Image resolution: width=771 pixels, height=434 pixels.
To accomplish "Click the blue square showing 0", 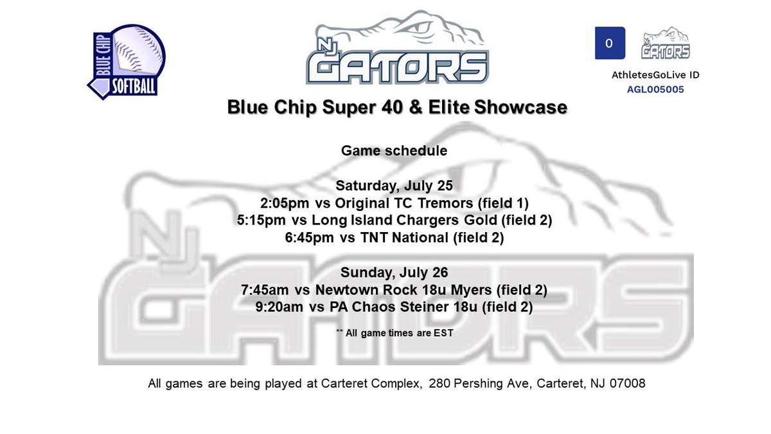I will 610,44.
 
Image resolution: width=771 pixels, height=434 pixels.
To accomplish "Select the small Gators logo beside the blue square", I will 666,44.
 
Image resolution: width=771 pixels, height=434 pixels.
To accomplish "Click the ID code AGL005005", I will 655,89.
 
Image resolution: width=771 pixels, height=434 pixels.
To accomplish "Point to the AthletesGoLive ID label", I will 655,75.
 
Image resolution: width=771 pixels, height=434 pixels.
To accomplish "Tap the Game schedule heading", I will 394,151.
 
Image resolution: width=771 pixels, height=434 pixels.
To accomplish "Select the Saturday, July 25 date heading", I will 394,186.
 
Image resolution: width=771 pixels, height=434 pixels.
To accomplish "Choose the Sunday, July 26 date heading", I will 394,273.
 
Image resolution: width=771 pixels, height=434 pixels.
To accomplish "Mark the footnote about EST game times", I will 394,332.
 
